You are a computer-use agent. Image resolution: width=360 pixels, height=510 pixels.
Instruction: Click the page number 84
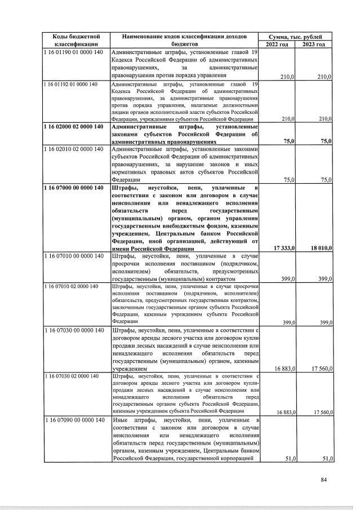pyautogui.click(x=323, y=480)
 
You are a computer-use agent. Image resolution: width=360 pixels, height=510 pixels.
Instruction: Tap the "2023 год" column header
pyautogui.click(x=314, y=44)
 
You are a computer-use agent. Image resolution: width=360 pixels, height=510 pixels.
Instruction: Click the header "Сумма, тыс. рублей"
pyautogui.click(x=295, y=36)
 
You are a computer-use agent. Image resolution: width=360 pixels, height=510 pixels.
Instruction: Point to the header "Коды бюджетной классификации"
pyautogui.click(x=77, y=40)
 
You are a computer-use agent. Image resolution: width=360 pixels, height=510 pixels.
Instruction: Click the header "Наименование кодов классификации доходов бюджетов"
pyautogui.click(x=185, y=40)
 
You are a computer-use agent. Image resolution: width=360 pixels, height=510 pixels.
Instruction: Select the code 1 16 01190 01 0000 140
pyautogui.click(x=73, y=52)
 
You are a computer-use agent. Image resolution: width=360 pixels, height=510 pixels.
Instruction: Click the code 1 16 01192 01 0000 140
pyautogui.click(x=71, y=84)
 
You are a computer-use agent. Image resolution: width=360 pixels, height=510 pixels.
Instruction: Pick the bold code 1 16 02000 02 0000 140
pyautogui.click(x=74, y=127)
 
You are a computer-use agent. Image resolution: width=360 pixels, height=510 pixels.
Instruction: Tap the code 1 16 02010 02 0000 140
pyautogui.click(x=73, y=149)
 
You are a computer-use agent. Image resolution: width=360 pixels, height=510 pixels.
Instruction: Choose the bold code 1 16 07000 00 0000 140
pyautogui.click(x=74, y=188)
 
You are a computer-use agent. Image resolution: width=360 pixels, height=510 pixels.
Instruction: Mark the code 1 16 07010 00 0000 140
pyautogui.click(x=73, y=256)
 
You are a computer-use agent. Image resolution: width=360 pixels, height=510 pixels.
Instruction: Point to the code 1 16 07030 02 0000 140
pyautogui.click(x=71, y=375)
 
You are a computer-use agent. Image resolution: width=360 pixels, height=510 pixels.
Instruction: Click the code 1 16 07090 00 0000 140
pyautogui.click(x=73, y=420)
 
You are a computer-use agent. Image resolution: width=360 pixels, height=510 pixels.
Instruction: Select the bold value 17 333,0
pyautogui.click(x=284, y=248)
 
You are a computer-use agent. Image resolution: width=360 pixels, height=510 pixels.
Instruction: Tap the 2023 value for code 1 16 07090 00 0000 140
pyautogui.click(x=325, y=459)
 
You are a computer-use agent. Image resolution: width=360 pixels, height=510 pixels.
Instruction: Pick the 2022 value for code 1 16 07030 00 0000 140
pyautogui.click(x=285, y=368)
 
